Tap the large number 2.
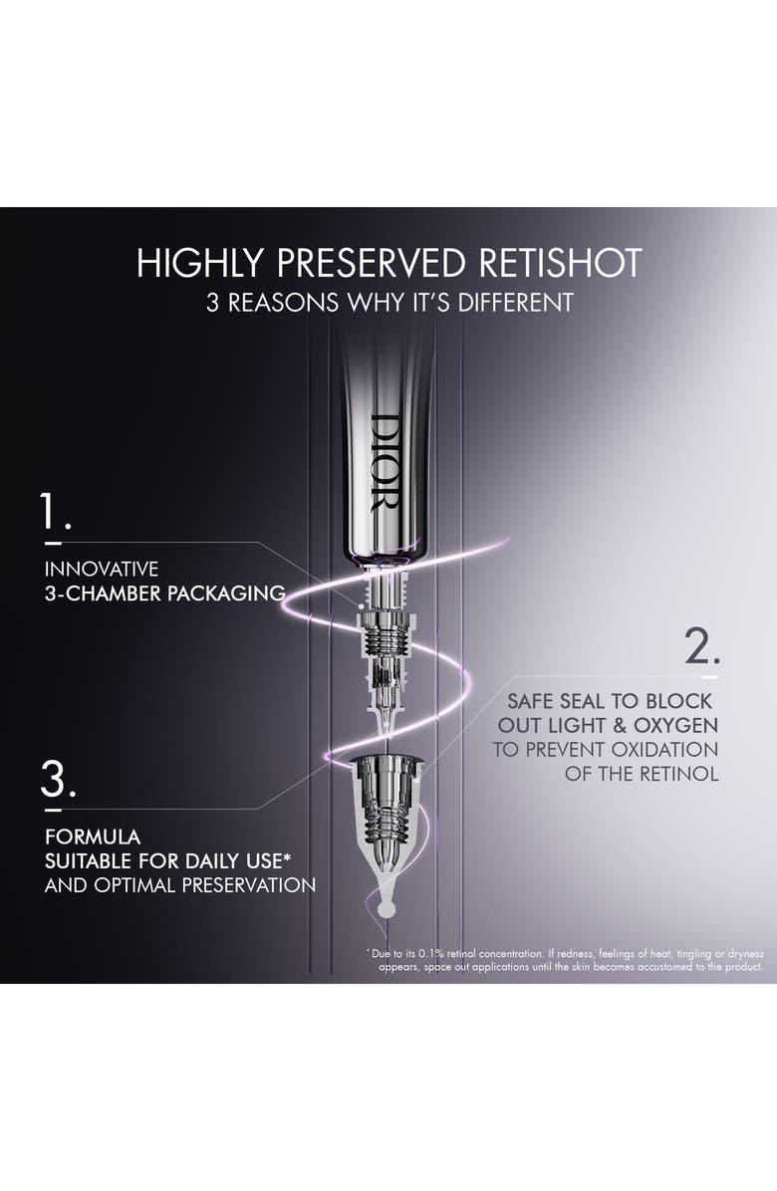tap(702, 646)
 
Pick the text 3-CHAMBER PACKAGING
tap(164, 594)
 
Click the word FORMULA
tap(92, 836)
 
